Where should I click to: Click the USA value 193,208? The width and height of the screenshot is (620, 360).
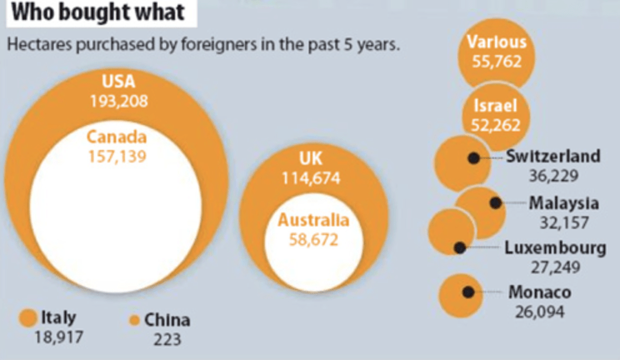pos(118,101)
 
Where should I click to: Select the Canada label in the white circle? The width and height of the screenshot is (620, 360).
pos(116,136)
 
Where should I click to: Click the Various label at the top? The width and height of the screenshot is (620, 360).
pos(497,42)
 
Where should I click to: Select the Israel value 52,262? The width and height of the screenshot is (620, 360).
pos(496,125)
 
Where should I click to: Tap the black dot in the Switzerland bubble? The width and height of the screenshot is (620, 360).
pos(474,159)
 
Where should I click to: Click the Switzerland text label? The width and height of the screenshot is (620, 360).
pos(553,156)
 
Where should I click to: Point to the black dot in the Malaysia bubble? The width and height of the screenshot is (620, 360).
pos(496,203)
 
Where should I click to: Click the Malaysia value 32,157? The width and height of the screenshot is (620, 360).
pos(564,222)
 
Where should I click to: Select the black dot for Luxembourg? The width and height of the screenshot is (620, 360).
pos(460,248)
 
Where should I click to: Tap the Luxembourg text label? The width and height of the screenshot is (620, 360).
pos(555,248)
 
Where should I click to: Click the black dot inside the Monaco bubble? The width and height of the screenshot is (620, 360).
pos(467,292)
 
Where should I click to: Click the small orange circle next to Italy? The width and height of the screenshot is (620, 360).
pos(28,318)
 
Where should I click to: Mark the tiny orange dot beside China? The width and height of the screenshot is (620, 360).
pos(133,321)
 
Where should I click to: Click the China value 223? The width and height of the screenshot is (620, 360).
pos(167,339)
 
